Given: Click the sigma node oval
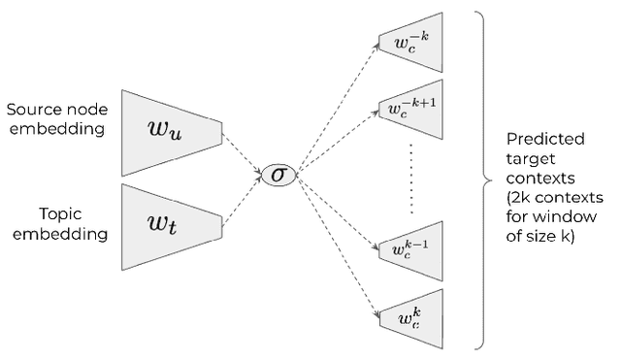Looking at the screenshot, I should point(278,176).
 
